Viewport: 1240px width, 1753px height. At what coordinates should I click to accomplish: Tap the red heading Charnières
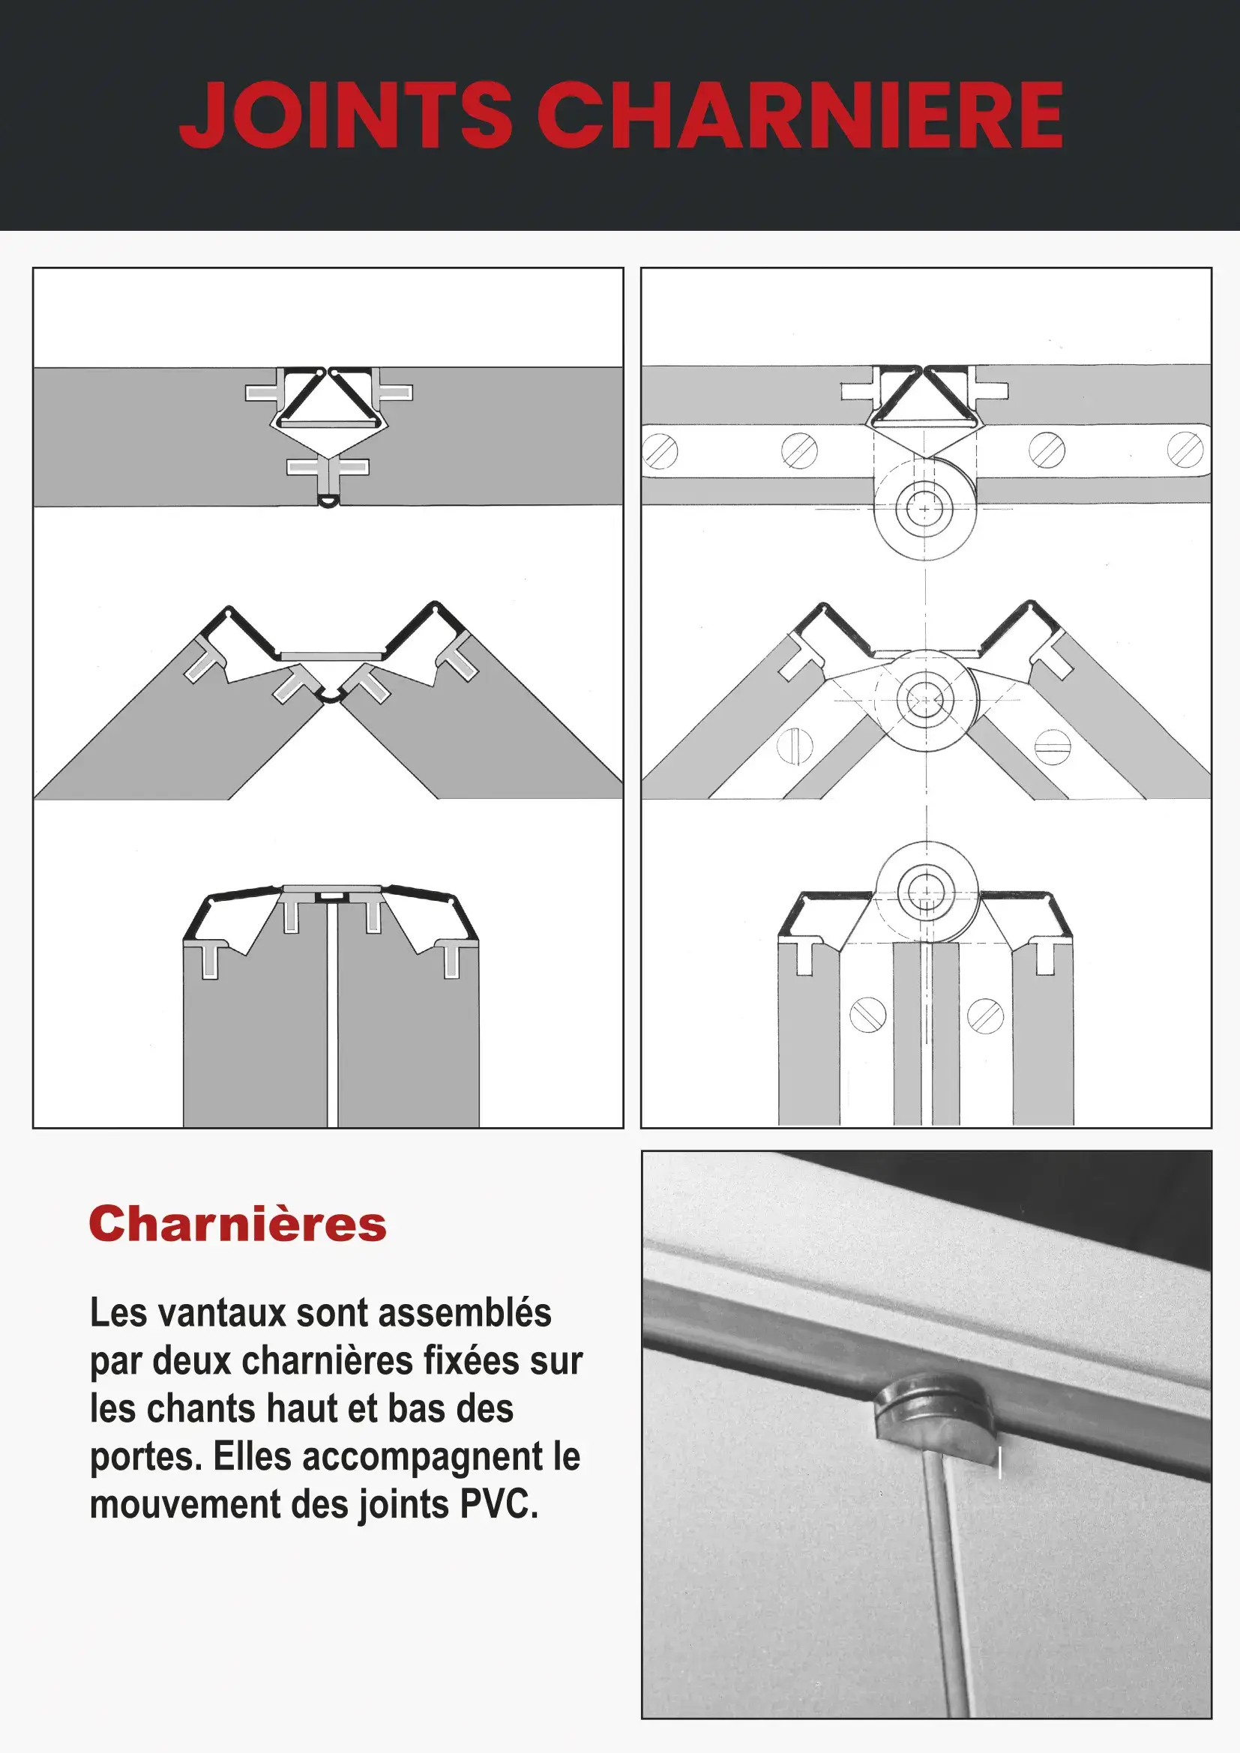[238, 1224]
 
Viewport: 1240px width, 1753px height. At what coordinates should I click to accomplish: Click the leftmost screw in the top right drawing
[660, 450]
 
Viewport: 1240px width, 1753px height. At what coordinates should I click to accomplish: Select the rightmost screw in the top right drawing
[1185, 450]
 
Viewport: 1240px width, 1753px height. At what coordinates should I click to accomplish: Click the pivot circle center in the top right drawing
[925, 508]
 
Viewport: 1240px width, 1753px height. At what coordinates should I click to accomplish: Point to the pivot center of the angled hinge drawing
[925, 700]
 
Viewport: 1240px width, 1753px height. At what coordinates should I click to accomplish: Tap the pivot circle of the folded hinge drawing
[926, 893]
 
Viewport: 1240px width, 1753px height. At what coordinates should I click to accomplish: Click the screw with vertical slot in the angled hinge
[795, 744]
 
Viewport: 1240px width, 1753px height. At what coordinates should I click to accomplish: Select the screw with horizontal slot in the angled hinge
[1053, 746]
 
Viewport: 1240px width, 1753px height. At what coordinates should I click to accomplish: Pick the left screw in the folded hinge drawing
[868, 1016]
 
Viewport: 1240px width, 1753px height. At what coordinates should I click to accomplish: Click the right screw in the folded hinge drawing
[986, 1016]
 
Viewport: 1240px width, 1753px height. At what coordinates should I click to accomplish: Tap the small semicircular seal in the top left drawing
[328, 501]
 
